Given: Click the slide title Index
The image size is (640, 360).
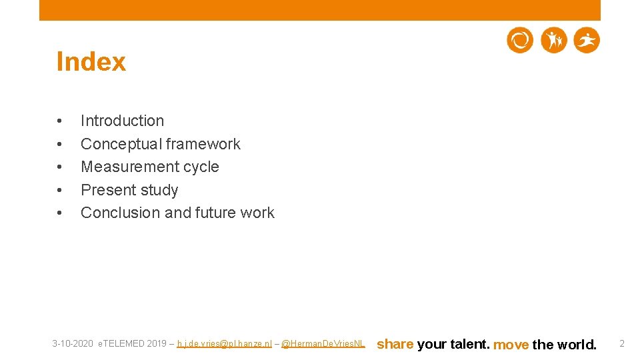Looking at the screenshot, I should [91, 62].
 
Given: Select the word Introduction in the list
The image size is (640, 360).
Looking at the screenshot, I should [122, 121].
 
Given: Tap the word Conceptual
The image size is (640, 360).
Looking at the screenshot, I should [121, 144].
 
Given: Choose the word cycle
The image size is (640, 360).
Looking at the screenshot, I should [201, 167].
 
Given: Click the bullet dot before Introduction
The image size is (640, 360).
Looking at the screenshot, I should [60, 121].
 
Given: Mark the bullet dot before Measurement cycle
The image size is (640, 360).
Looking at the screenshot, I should [60, 167].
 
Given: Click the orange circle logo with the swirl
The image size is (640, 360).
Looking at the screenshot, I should [520, 41].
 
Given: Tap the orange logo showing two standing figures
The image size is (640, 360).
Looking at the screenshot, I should [553, 41].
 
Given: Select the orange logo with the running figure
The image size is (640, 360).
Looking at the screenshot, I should [587, 41].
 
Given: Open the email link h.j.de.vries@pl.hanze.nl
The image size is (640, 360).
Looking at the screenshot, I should [224, 344].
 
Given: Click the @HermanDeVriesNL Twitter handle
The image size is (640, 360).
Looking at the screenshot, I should [323, 344].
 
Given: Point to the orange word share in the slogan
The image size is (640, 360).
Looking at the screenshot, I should [395, 344].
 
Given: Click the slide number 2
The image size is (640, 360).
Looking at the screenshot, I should [622, 343].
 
